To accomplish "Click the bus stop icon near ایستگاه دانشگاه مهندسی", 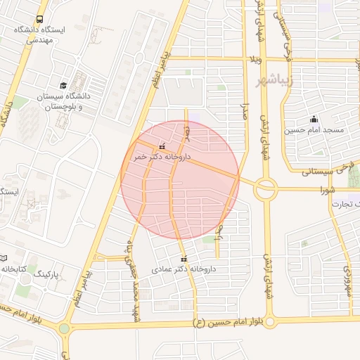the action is click(39, 20).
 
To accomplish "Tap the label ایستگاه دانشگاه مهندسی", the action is click(39, 35).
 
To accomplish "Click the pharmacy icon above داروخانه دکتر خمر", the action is click(163, 147).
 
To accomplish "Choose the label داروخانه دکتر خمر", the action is click(162, 157).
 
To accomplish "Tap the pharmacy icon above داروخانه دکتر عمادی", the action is click(184, 259).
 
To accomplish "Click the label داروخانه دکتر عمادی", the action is click(184, 269).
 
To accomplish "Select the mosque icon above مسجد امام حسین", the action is click(314, 119).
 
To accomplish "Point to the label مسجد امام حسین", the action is click(314, 130).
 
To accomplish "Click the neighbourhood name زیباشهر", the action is click(278, 81).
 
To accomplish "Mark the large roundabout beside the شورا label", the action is click(266, 188).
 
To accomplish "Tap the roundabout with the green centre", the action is click(65, 328).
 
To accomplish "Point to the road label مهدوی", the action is click(347, 280).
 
